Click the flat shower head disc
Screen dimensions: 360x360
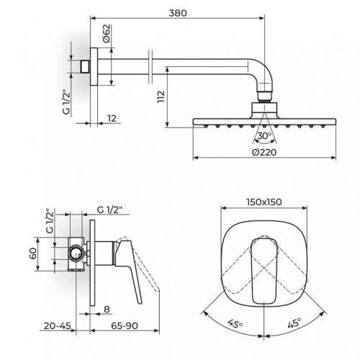264,120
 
